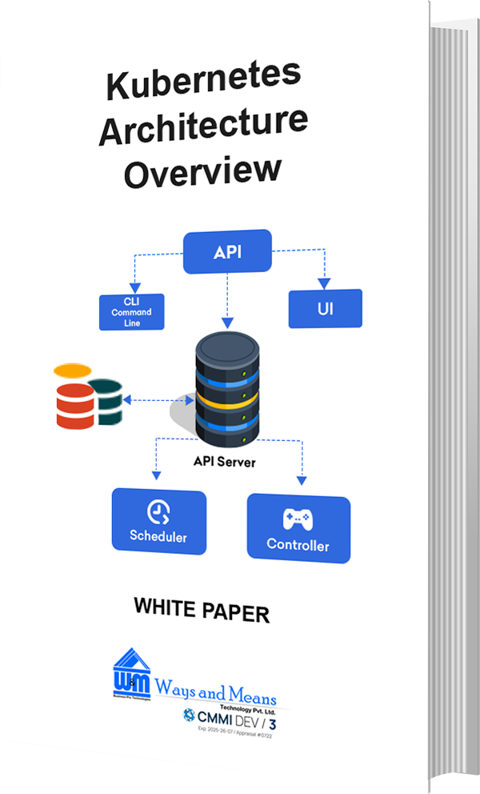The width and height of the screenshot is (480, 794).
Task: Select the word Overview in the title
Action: (203, 170)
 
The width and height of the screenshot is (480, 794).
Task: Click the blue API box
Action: (228, 253)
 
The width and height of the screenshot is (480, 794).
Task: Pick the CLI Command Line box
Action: (131, 311)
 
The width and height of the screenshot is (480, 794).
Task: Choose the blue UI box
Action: (325, 308)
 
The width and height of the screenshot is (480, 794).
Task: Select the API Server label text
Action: (225, 462)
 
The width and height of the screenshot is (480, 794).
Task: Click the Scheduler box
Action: (158, 521)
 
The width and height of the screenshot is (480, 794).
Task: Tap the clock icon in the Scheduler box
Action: (158, 511)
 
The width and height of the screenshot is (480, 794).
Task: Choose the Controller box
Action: (298, 528)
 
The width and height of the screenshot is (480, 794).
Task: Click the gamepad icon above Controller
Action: (298, 519)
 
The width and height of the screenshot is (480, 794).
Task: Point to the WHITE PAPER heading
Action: (202, 610)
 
